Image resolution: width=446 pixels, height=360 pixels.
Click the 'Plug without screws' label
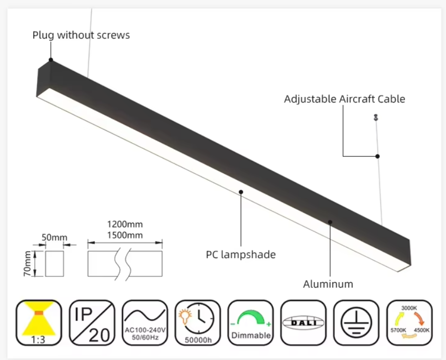pos(81,35)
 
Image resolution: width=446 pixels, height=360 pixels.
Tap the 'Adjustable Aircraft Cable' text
pos(344,99)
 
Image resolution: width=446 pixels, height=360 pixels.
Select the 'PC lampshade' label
pos(240,254)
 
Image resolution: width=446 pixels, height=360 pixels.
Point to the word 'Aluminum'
pos(328,284)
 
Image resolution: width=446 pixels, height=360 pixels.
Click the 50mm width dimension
pos(54,237)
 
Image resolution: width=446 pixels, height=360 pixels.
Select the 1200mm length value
pos(125,225)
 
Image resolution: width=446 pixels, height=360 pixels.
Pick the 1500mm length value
pos(125,235)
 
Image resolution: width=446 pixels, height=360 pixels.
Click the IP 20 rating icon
pos(92,323)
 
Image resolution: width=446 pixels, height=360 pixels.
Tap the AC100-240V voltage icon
pos(144,323)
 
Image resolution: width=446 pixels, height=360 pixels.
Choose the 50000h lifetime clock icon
pos(197,323)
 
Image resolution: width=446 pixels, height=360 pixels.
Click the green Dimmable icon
pos(250,323)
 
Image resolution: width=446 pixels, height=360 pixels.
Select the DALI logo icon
pos(303,323)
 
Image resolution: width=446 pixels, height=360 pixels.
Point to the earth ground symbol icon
pos(356,323)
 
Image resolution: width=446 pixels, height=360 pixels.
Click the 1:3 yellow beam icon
pos(39,323)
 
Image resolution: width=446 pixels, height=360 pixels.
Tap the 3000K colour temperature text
pos(409,308)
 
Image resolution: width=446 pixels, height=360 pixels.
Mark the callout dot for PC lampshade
pos(240,192)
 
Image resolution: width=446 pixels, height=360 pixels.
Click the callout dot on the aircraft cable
pos(377,156)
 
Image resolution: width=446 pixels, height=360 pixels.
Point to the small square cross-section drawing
pos(54,264)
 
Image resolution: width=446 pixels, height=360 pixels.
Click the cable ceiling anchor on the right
pos(376,117)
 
